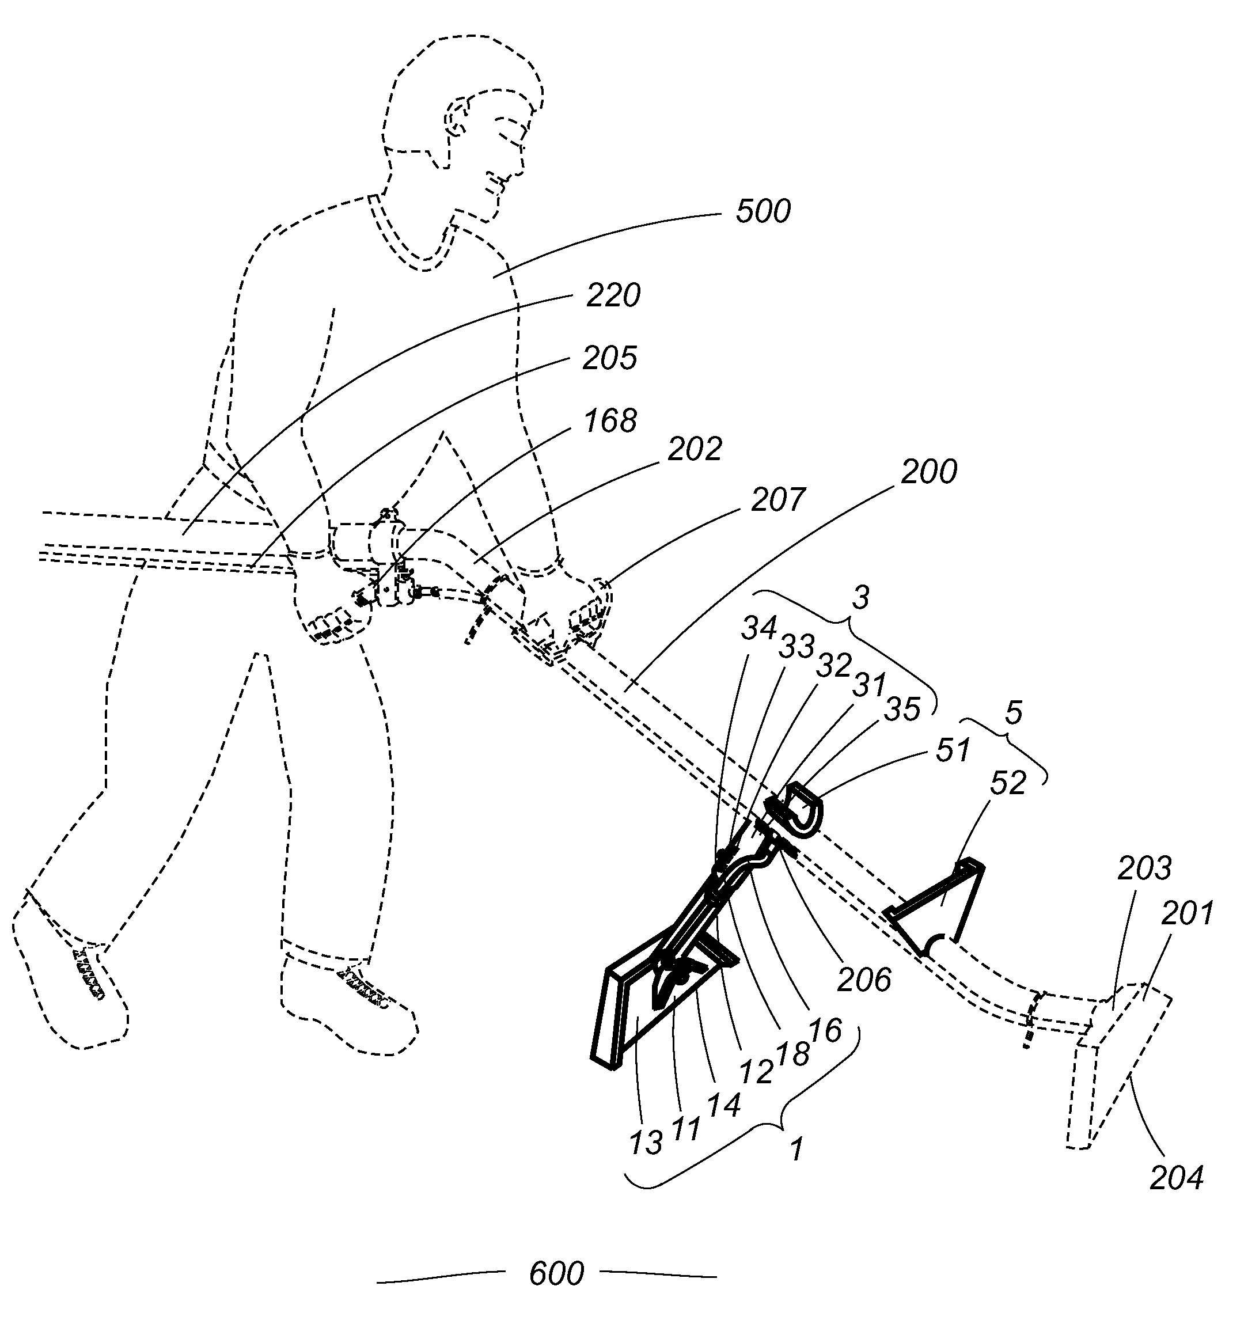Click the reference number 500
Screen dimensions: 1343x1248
point(763,211)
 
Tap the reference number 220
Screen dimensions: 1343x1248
point(613,296)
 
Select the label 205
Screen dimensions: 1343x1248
point(610,358)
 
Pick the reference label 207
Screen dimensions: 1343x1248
point(778,500)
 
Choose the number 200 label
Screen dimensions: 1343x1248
point(928,472)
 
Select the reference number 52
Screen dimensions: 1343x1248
point(1008,783)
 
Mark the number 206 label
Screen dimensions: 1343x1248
point(864,980)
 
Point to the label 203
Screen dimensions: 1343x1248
point(1144,869)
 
